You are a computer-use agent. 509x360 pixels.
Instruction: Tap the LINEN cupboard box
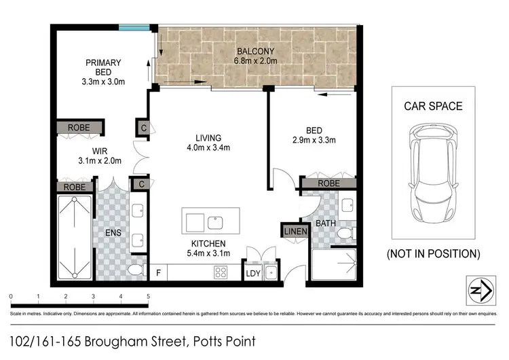tap(296, 231)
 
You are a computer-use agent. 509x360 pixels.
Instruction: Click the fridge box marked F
tap(158, 273)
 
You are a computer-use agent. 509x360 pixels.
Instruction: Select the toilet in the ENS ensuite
tap(134, 271)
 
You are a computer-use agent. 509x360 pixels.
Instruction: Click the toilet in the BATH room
tap(345, 234)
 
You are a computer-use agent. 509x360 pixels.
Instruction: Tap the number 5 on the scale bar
tap(148, 297)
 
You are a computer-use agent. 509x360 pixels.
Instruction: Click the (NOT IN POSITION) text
tap(433, 254)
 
